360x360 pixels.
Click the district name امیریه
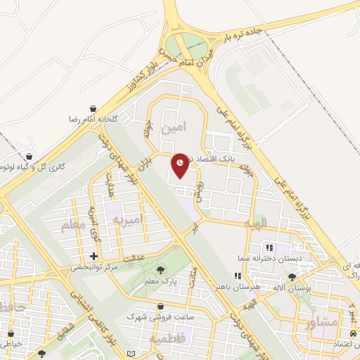(127, 220)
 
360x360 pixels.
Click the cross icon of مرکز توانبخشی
(94, 255)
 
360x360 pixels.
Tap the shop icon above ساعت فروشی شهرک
(161, 307)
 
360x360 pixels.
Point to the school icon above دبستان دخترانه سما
(269, 247)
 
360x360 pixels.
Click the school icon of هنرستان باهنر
(238, 276)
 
